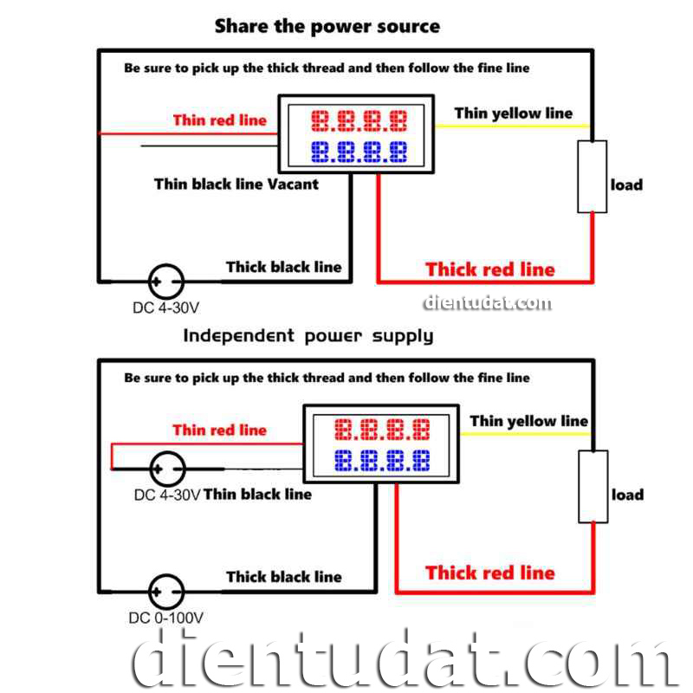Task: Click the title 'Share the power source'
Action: coord(327,26)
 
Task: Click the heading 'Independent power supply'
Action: coord(308,335)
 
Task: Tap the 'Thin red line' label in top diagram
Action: coord(220,120)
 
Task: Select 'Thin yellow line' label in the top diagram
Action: coord(513,113)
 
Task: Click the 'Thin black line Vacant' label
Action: coord(236,184)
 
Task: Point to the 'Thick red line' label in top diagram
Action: coord(489,269)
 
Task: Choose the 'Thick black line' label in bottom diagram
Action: coord(284,577)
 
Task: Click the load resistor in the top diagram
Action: coord(593,177)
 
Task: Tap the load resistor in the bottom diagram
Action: coord(593,486)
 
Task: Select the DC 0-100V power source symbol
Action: coord(165,593)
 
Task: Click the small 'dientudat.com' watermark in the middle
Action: coord(487,302)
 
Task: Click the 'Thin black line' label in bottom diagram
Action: coord(257,495)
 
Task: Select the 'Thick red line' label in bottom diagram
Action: coord(489,573)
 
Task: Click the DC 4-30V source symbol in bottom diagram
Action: coord(165,469)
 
